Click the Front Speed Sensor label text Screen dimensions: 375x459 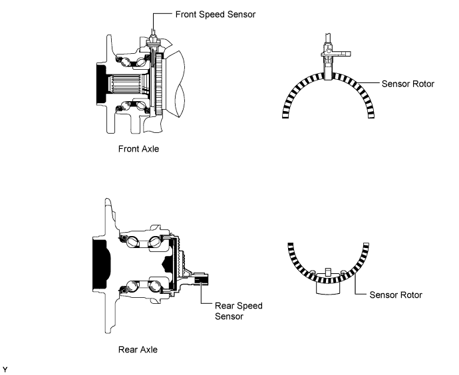point(214,14)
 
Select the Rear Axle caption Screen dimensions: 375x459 point(137,348)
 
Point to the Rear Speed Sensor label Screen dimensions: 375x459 point(238,311)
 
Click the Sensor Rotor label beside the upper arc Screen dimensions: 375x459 point(408,84)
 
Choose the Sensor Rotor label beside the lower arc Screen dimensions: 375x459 point(396,294)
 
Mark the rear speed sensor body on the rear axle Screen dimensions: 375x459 point(199,280)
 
